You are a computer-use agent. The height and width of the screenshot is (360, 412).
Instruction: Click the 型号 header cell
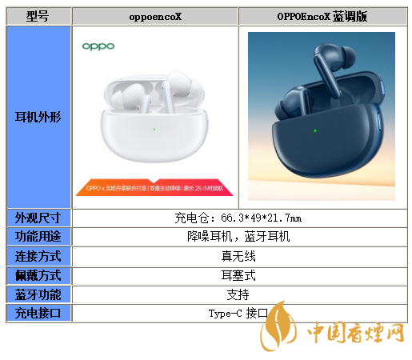pyautogui.click(x=38, y=16)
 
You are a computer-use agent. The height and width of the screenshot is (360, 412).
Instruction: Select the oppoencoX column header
pyautogui.click(x=155, y=16)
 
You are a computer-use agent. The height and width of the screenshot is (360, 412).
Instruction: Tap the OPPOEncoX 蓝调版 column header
pyautogui.click(x=322, y=16)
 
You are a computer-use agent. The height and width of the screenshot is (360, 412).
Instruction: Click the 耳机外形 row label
pyautogui.click(x=38, y=117)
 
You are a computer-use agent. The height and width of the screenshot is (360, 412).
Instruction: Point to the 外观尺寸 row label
pyautogui.click(x=38, y=218)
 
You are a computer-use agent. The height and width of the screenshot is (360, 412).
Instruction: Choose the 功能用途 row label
pyautogui.click(x=38, y=237)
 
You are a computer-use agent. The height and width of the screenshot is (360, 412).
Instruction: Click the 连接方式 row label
pyautogui.click(x=38, y=256)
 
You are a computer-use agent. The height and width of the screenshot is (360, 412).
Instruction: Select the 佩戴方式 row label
pyautogui.click(x=38, y=275)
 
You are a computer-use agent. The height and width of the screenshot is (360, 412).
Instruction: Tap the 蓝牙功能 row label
pyautogui.click(x=38, y=294)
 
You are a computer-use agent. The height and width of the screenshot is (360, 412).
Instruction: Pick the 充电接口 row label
pyautogui.click(x=38, y=314)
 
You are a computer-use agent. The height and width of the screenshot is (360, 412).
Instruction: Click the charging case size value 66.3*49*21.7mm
pyautogui.click(x=238, y=218)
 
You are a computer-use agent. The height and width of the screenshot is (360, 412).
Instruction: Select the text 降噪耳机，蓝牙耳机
pyautogui.click(x=238, y=237)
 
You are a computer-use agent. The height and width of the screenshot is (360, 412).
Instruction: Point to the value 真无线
pyautogui.click(x=238, y=256)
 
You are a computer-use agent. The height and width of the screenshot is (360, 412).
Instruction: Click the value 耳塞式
pyautogui.click(x=238, y=275)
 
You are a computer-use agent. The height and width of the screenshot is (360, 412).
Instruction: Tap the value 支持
pyautogui.click(x=238, y=294)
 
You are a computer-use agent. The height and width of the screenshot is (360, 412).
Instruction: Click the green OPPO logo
pyautogui.click(x=98, y=46)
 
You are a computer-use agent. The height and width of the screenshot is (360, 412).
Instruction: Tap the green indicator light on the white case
pyautogui.click(x=154, y=129)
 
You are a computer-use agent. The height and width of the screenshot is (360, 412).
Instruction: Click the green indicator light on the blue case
pyautogui.click(x=315, y=130)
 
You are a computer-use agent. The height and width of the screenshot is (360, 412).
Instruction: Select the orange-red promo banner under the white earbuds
pyautogui.click(x=154, y=189)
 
